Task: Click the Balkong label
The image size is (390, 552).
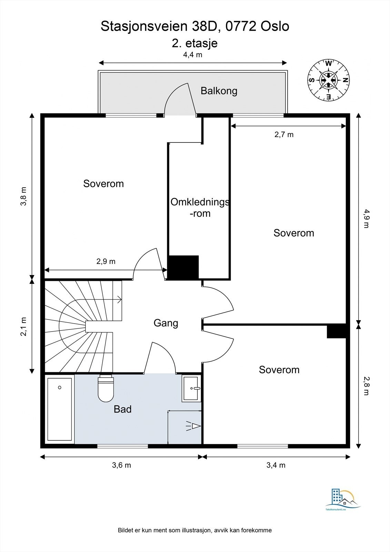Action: point(219,91)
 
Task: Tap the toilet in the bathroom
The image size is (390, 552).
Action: point(106,388)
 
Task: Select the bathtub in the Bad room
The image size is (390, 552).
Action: point(60,409)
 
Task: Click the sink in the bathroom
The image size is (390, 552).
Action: point(191,388)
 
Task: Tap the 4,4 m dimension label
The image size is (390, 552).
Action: point(192,55)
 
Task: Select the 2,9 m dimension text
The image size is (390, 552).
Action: point(106,261)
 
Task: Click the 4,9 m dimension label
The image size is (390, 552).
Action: point(366,218)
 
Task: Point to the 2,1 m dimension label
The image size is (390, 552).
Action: point(24,326)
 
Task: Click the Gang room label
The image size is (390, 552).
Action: point(166,323)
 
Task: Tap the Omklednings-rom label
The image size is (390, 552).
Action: point(200,208)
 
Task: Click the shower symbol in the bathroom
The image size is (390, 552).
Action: point(193,426)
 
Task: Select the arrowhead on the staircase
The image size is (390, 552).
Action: point(120,300)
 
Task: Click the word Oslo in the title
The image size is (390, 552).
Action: point(275,27)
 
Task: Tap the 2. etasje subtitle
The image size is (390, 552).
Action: point(194,43)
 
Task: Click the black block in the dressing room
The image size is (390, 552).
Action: point(183,268)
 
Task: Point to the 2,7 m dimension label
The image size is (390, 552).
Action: point(284,135)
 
